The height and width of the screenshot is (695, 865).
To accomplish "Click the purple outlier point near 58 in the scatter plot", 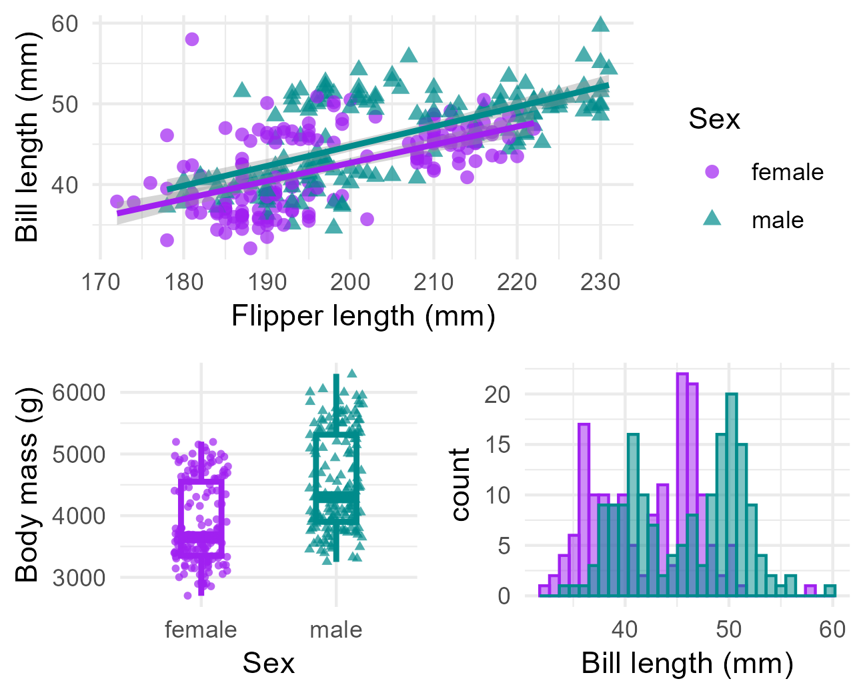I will click(x=192, y=39).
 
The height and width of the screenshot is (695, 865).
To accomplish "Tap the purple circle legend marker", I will click(x=712, y=172).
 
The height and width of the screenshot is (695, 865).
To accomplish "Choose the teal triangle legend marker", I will click(x=712, y=218).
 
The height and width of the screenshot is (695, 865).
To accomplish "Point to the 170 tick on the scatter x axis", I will click(x=101, y=281).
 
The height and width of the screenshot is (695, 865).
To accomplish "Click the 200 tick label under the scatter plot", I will click(x=350, y=281).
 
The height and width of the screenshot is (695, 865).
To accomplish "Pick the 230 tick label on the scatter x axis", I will click(x=600, y=281).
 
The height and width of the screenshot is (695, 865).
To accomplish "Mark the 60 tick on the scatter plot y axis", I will click(x=65, y=24).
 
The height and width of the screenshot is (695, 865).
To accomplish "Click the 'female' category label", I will click(x=201, y=630).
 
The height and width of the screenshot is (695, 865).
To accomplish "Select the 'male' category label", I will click(x=336, y=630).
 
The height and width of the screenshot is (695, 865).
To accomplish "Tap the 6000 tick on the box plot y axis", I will click(x=79, y=392).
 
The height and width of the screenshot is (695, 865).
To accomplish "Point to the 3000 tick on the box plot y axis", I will click(x=79, y=578).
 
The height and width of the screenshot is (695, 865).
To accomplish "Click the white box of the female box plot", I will click(x=201, y=508).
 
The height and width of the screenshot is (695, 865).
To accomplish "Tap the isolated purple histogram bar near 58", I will click(x=810, y=590).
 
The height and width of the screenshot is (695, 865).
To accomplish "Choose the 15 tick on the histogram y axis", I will click(x=498, y=445).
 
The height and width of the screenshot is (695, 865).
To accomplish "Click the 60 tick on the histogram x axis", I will click(x=832, y=630).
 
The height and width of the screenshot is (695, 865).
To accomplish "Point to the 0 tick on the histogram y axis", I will click(x=504, y=596).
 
